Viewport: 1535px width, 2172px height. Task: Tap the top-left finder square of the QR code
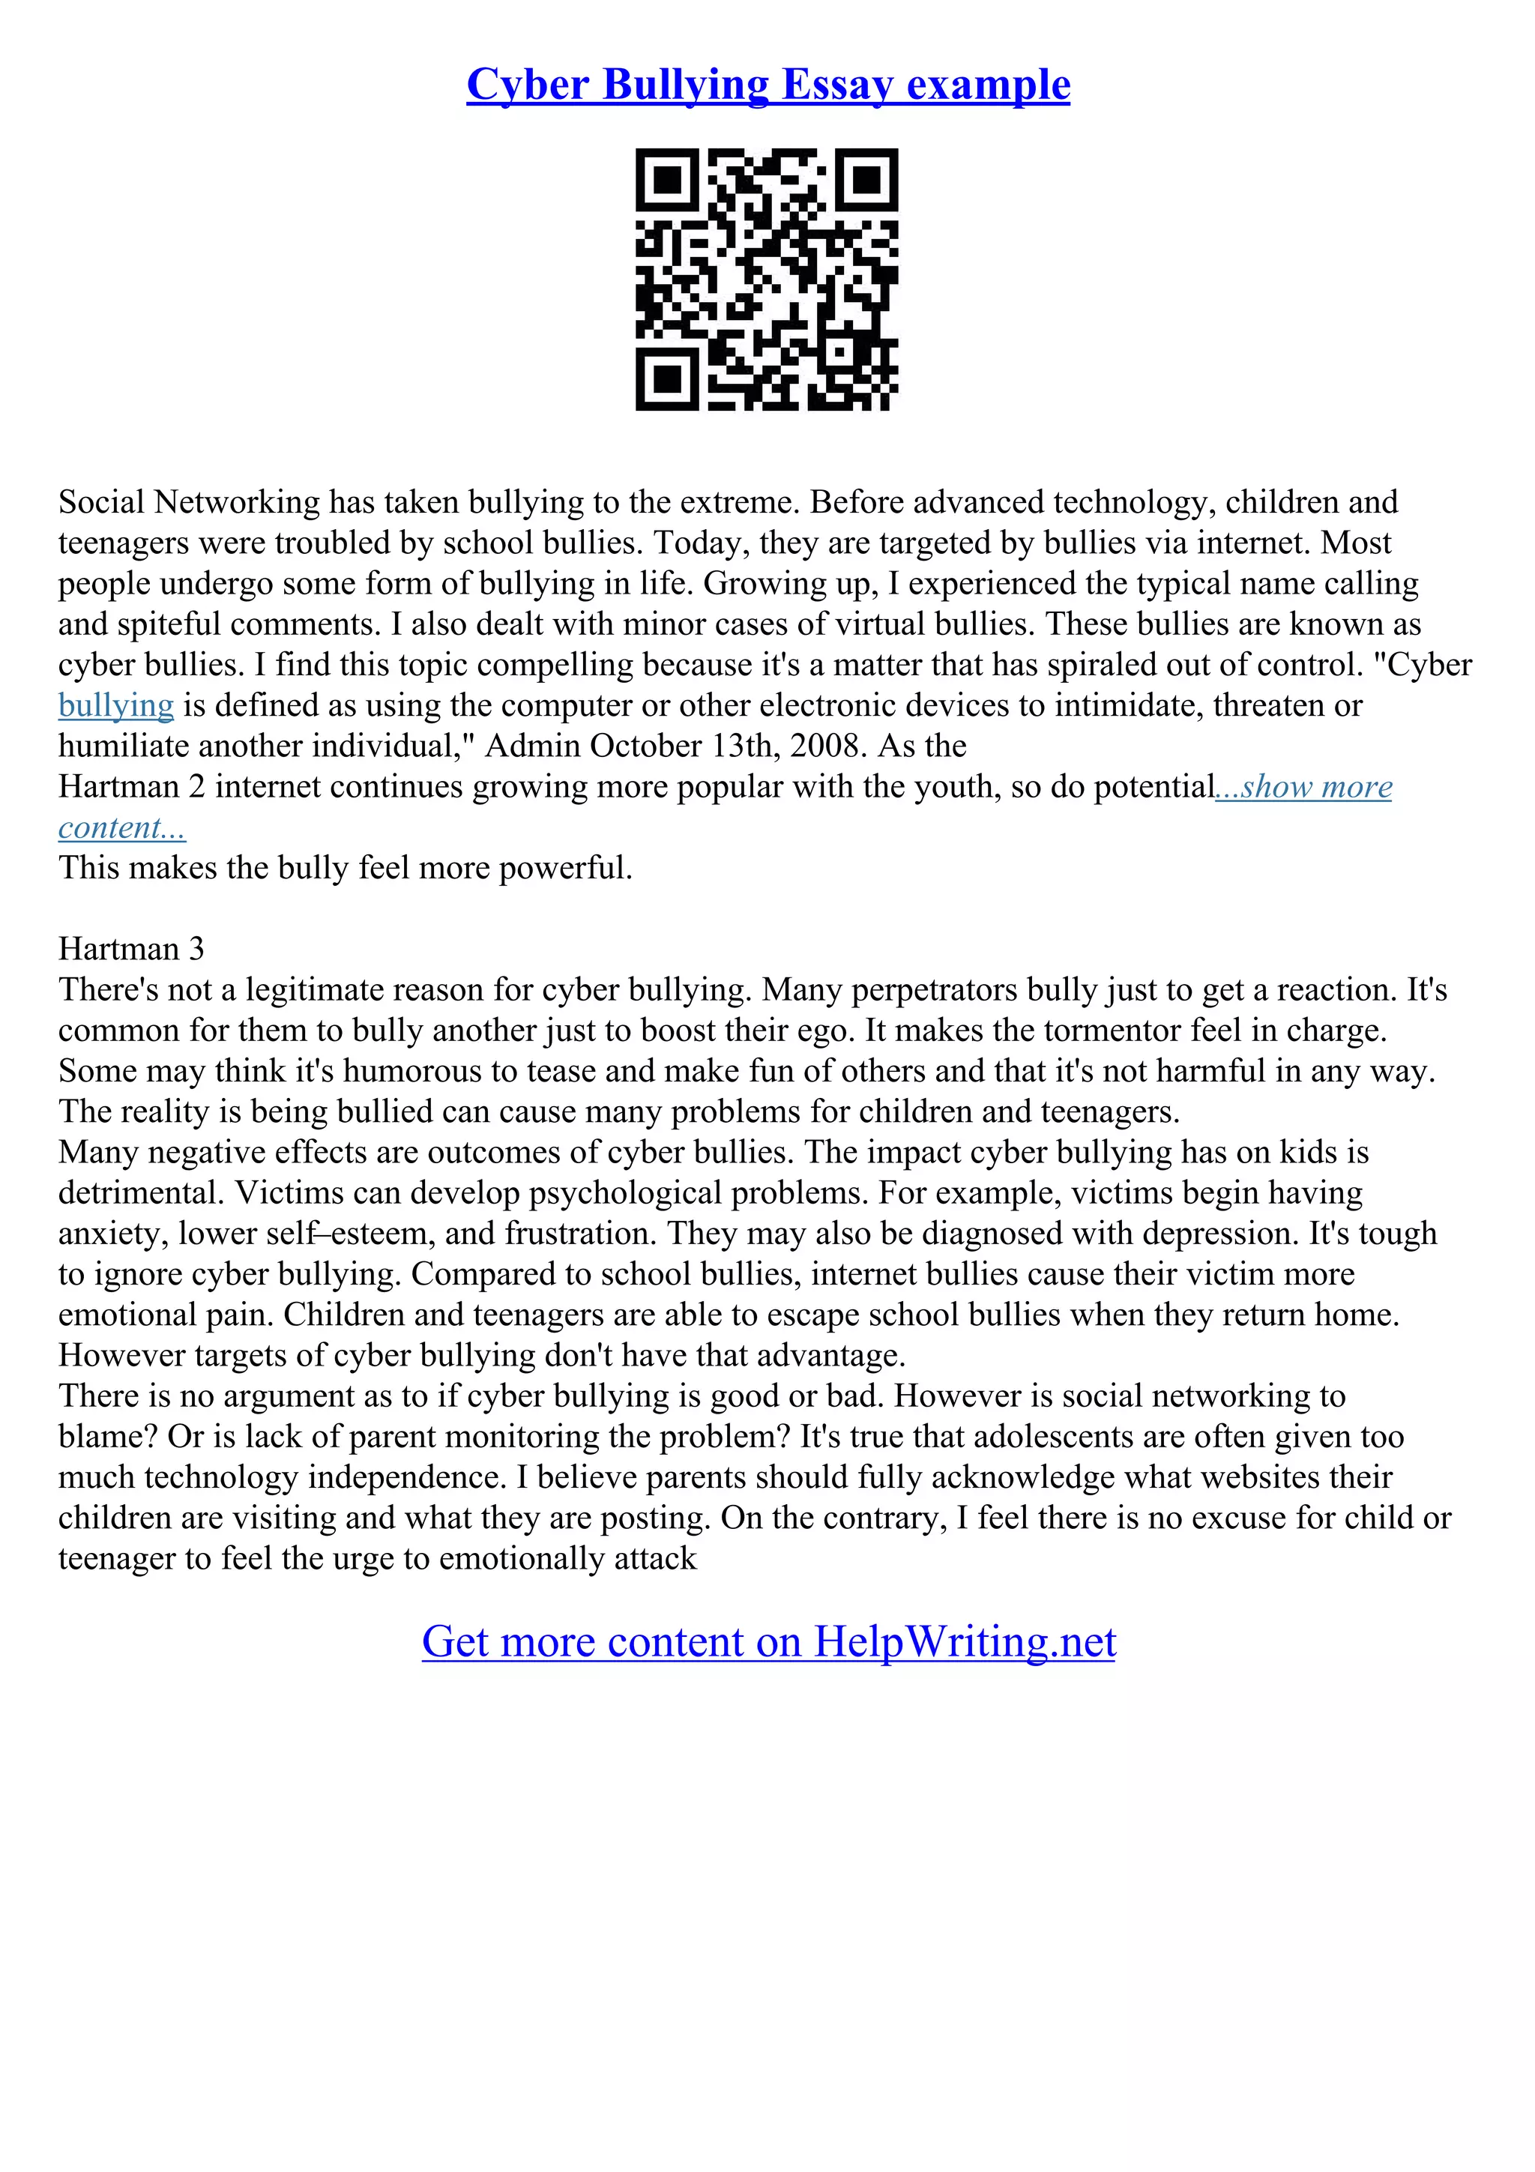point(668,180)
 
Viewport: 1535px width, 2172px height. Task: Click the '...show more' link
point(1303,787)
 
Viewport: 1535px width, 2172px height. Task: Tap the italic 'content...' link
point(122,827)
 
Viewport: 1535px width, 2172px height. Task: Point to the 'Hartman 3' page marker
point(130,949)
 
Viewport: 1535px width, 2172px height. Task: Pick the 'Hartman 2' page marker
point(131,787)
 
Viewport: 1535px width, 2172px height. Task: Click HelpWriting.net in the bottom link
point(964,1641)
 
